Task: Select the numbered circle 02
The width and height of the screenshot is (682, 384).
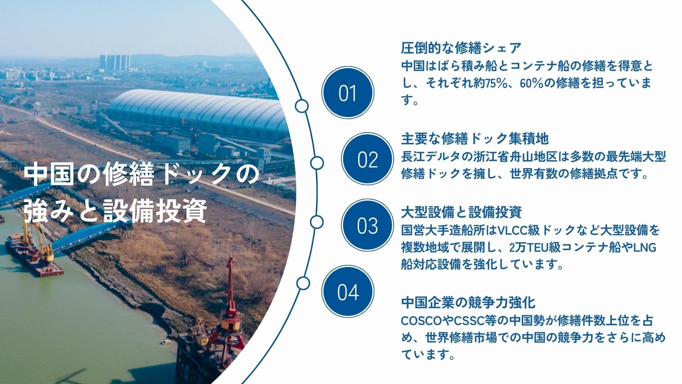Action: [x=368, y=159]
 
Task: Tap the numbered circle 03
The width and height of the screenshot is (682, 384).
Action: [x=368, y=225]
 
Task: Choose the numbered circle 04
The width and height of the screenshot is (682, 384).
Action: [x=348, y=292]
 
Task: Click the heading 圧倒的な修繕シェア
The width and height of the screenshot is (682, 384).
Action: [x=461, y=48]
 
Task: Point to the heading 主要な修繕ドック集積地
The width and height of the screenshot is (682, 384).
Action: [x=475, y=139]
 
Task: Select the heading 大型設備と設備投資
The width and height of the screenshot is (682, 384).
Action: [x=461, y=212]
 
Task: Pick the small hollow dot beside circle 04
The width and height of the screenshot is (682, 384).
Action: [x=303, y=283]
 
